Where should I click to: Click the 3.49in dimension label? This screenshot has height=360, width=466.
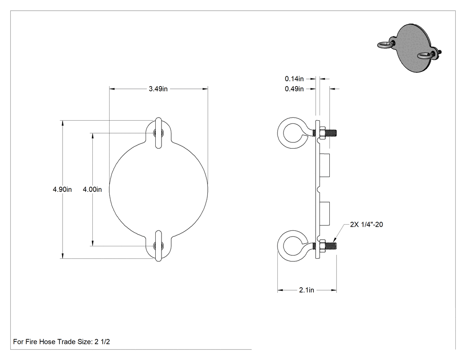pyautogui.click(x=158, y=89)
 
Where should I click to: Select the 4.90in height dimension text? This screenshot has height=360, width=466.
pyautogui.click(x=62, y=190)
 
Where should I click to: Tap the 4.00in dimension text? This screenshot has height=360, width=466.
pyautogui.click(x=92, y=190)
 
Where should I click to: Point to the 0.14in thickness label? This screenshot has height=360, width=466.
pyautogui.click(x=294, y=79)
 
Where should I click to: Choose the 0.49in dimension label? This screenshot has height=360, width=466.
pyautogui.click(x=294, y=89)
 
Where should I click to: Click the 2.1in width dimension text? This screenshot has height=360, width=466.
pyautogui.click(x=306, y=290)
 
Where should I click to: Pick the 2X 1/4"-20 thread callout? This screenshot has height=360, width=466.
pyautogui.click(x=367, y=225)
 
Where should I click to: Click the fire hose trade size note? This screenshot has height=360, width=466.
pyautogui.click(x=62, y=342)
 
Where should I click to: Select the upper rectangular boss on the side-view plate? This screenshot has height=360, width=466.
pyautogui.click(x=324, y=165)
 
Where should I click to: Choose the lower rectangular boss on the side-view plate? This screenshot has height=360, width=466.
pyautogui.click(x=324, y=213)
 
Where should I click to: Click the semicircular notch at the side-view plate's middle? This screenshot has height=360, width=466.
pyautogui.click(x=319, y=190)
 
